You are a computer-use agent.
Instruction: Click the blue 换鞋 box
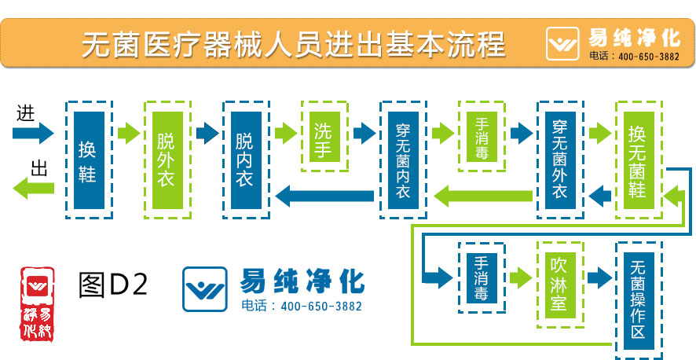[88, 160]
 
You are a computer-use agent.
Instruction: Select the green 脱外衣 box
[167, 160]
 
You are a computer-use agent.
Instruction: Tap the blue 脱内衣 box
[245, 160]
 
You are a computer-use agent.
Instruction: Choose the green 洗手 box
[324, 135]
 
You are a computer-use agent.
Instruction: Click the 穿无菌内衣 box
[402, 160]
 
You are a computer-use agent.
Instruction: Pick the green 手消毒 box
[482, 137]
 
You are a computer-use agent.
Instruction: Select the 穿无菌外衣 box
[560, 160]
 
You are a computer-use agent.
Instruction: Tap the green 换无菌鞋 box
[638, 160]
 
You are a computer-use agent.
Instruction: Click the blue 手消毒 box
[482, 277]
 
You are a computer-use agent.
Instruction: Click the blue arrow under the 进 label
[33, 132]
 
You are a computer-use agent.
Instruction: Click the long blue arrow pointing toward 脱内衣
[324, 196]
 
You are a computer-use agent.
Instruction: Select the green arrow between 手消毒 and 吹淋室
[520, 277]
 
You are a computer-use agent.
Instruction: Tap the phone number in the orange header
[649, 57]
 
